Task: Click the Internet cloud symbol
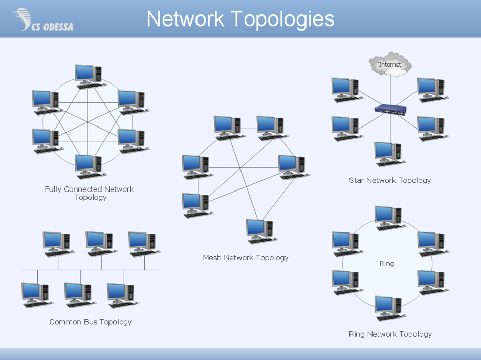coord(390,65)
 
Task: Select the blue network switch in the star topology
coord(390,109)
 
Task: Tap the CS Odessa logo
coord(43,20)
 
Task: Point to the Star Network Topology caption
coord(390,180)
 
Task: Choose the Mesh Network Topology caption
coord(246,258)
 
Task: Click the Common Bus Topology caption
coord(91,322)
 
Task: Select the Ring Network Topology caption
coord(390,334)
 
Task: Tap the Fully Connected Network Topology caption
coord(90,193)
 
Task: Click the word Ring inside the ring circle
coord(387,264)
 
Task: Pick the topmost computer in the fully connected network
coord(89,76)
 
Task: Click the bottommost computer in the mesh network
coord(260,231)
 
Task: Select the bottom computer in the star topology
coord(389,154)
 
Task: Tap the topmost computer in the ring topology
coord(389,218)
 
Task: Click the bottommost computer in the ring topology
coord(389,307)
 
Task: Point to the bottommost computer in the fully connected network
coord(89,165)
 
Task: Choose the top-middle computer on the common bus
coord(100,243)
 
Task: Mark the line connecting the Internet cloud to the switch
coord(390,90)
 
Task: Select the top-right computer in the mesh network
coord(271,127)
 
